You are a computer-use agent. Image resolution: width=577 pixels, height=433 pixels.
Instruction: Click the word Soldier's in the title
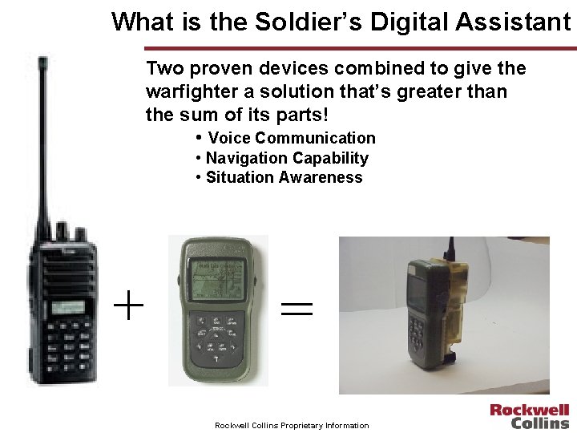pyautogui.click(x=293, y=22)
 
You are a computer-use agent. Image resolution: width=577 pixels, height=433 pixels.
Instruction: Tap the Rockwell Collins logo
pyautogui.click(x=530, y=416)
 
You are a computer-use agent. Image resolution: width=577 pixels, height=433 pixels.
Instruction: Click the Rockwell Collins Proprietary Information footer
pyautogui.click(x=292, y=425)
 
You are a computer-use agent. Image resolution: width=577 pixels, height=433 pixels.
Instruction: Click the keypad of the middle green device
pyautogui.click(x=214, y=337)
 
